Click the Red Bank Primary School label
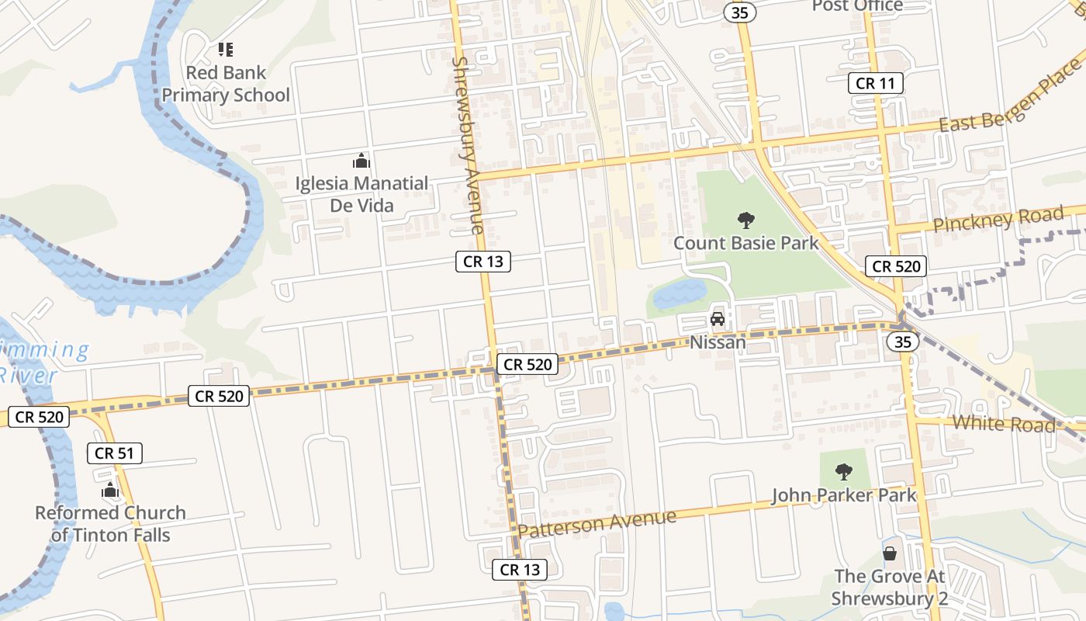pyautogui.click(x=226, y=84)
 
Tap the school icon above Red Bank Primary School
pyautogui.click(x=226, y=50)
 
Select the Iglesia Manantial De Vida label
pyautogui.click(x=361, y=194)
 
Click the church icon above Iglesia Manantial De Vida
pyautogui.click(x=361, y=161)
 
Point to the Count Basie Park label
pyautogui.click(x=745, y=243)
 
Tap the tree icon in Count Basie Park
pyautogui.click(x=746, y=220)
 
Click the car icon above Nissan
pyautogui.click(x=718, y=319)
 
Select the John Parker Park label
pyautogui.click(x=843, y=495)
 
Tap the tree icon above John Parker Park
pyautogui.click(x=844, y=471)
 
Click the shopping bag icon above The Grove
pyautogui.click(x=889, y=553)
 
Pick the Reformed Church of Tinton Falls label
pyautogui.click(x=110, y=524)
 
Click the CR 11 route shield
pyautogui.click(x=875, y=83)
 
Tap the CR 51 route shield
pyautogui.click(x=115, y=453)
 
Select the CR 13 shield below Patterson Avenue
pyautogui.click(x=520, y=569)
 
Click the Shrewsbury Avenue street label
pyautogui.click(x=469, y=144)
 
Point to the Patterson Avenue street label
pyautogui.click(x=597, y=523)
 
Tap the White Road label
pyautogui.click(x=1004, y=424)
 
